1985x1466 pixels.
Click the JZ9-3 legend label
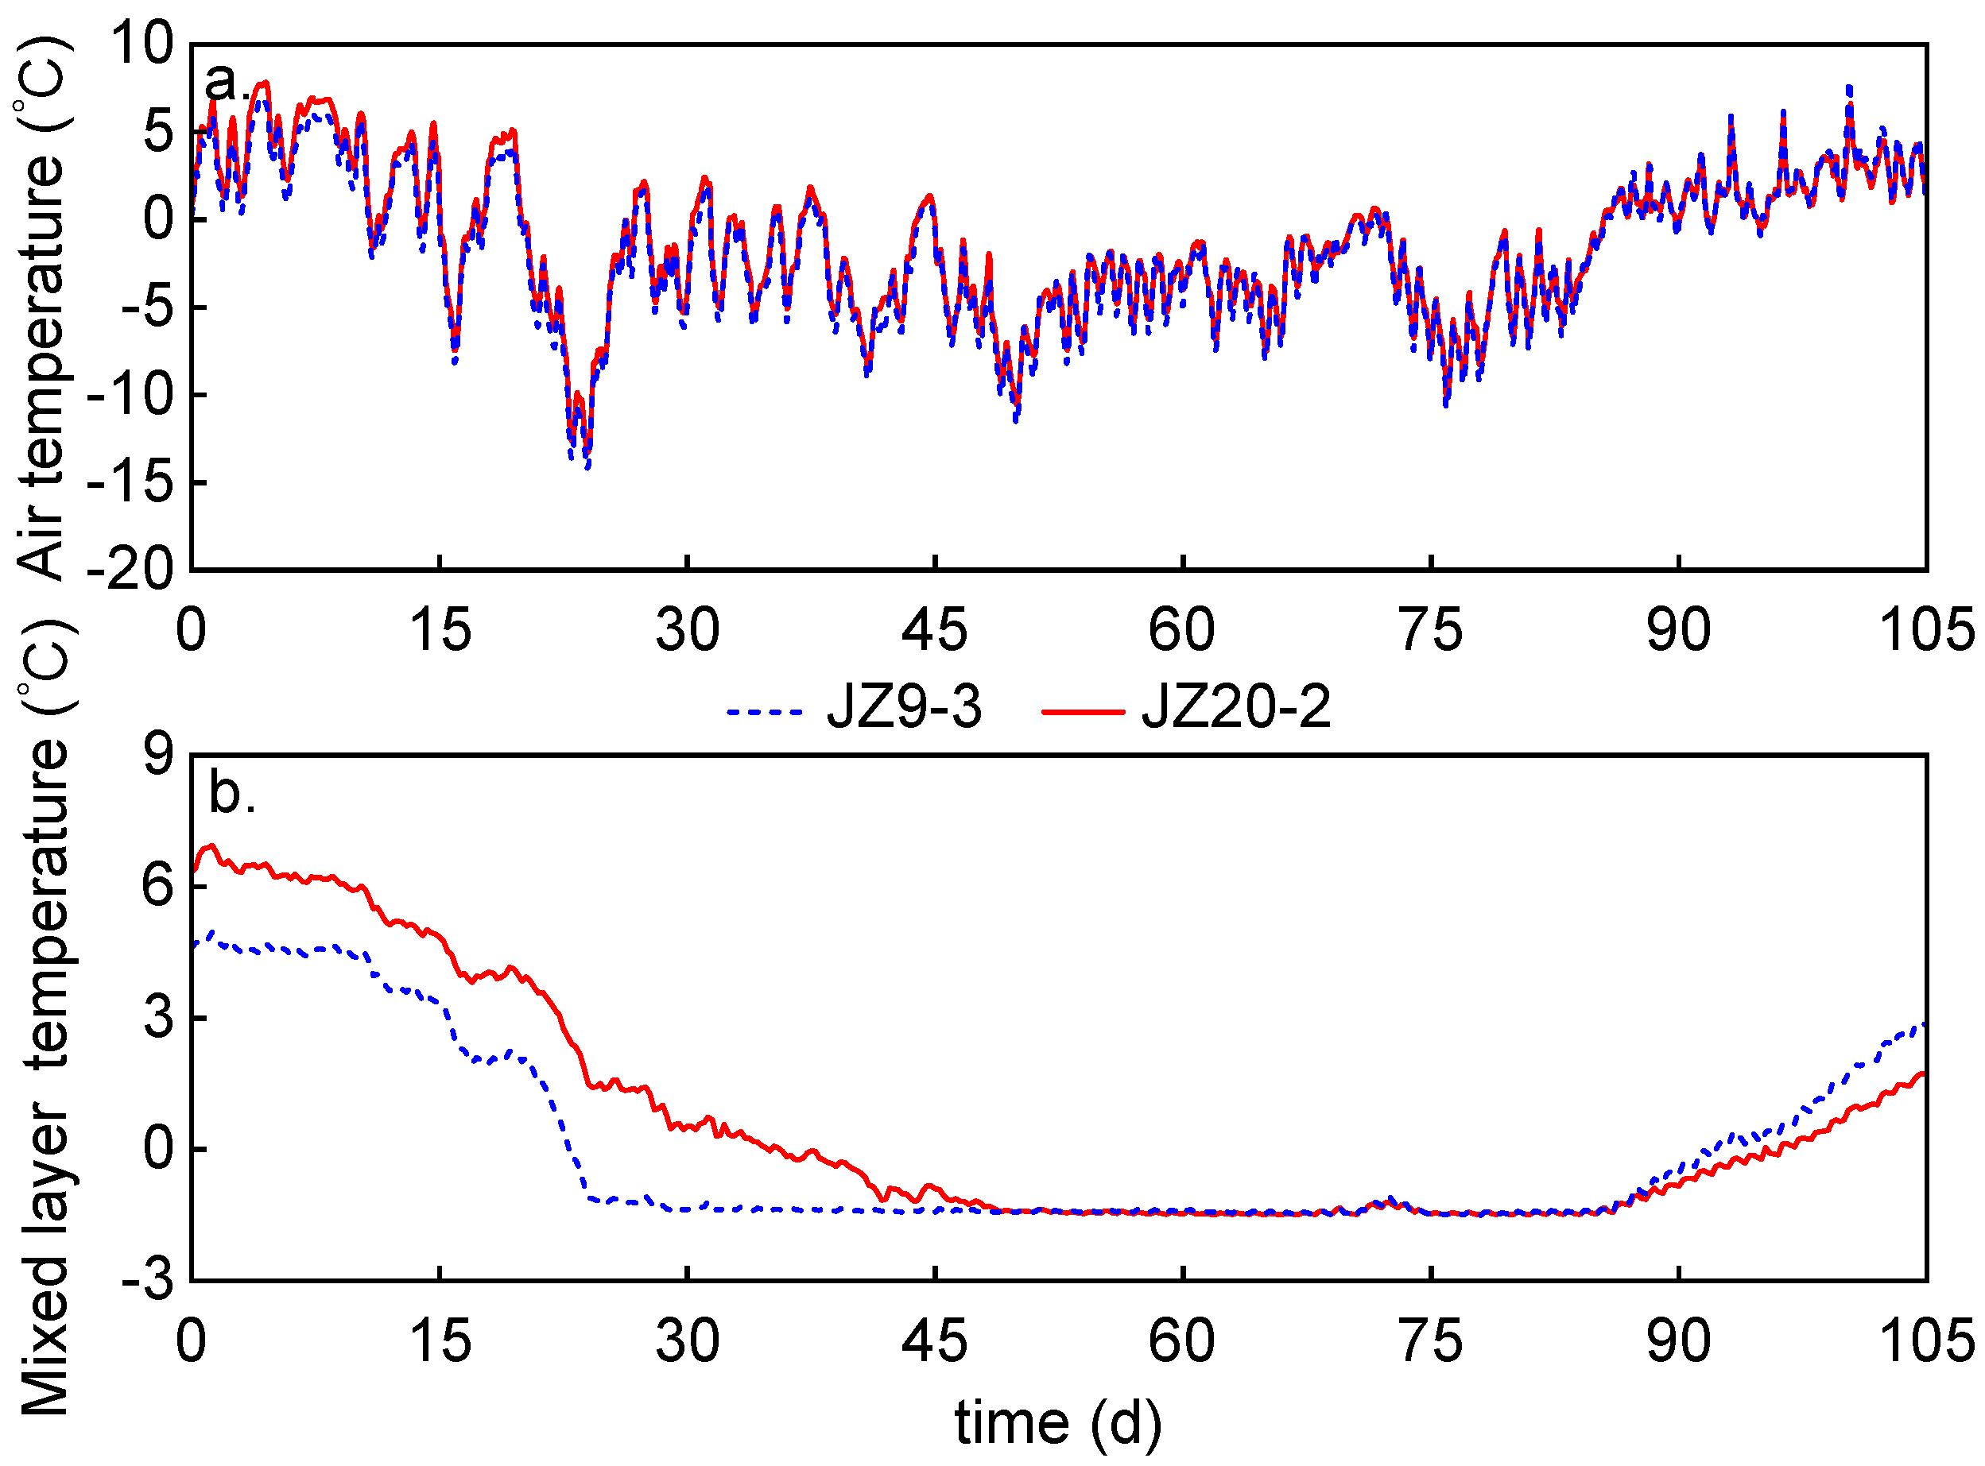pos(904,707)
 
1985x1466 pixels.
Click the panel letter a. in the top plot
pos(223,83)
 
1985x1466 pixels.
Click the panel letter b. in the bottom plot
pos(231,792)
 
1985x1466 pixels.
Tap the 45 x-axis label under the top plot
pos(934,630)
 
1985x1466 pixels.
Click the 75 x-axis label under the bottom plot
pos(1430,1341)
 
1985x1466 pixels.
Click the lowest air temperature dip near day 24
pos(587,465)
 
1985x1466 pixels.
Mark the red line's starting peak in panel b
pos(211,845)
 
